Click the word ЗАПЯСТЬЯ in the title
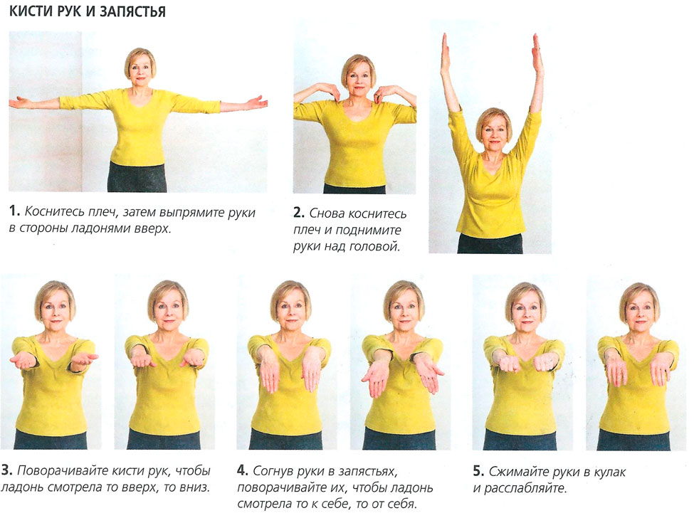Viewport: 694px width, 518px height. tap(133, 12)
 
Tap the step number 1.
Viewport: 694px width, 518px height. tap(14, 211)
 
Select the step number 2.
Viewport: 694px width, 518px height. tap(299, 213)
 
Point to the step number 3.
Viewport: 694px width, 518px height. tap(6, 470)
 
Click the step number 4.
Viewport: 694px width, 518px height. tap(243, 470)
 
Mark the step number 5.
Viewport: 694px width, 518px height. tap(478, 471)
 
